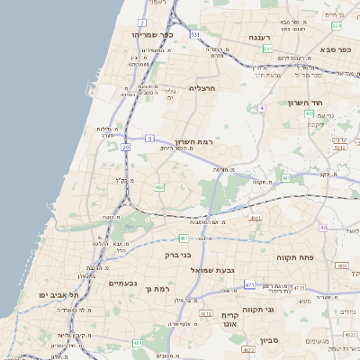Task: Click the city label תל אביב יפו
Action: (58, 294)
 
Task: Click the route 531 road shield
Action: (195, 34)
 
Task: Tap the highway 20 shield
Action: (126, 146)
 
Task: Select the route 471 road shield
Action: (249, 284)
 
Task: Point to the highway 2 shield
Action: (142, 22)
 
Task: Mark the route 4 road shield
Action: (261, 108)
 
